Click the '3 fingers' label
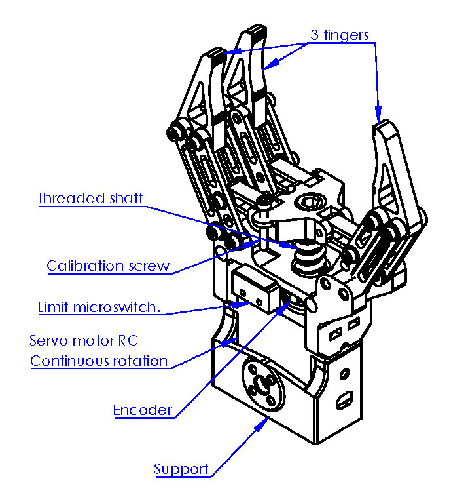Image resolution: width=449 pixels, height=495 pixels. tap(340, 35)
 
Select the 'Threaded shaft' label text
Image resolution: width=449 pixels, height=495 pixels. tap(90, 198)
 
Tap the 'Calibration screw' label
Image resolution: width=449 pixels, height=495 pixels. tap(108, 266)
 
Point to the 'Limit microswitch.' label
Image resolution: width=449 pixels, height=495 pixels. tap(99, 307)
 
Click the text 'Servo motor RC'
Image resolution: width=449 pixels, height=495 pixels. tap(84, 340)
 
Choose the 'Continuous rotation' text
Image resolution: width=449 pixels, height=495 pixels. tap(99, 361)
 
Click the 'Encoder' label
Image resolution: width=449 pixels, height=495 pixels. tap(143, 410)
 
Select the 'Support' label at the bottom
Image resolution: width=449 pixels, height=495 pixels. tap(181, 469)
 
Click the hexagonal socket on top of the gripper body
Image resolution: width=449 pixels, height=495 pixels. tap(309, 201)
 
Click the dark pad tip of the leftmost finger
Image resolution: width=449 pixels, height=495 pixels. tap(217, 56)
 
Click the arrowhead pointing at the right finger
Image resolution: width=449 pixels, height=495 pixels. tap(378, 113)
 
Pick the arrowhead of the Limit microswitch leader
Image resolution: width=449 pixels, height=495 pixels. tap(241, 304)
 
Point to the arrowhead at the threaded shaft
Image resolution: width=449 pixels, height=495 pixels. tap(289, 245)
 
